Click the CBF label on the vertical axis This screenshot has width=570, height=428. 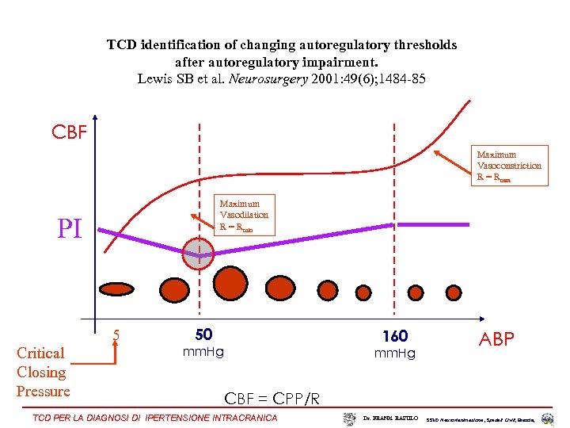(70, 132)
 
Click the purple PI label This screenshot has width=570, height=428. (70, 228)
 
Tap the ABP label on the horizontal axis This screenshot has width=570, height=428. (496, 339)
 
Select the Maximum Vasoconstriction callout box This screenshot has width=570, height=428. (509, 166)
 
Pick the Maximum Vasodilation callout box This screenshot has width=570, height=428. (245, 215)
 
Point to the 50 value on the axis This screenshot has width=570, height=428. (203, 335)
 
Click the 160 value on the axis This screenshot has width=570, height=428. (394, 336)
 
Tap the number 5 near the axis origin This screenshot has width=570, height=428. (116, 335)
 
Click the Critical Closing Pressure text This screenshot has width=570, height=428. (43, 372)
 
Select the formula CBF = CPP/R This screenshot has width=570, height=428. (272, 398)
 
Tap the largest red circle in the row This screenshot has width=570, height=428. (230, 283)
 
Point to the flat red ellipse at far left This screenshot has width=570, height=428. (116, 289)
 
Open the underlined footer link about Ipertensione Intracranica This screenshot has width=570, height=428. (155, 418)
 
